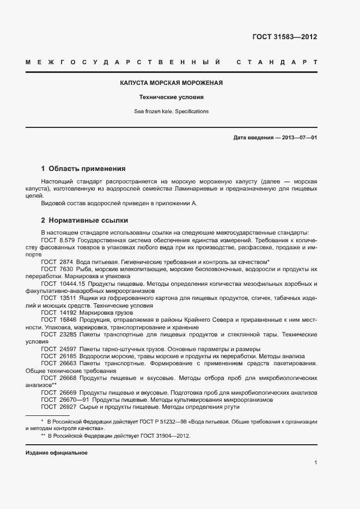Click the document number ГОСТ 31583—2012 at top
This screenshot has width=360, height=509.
tap(284, 38)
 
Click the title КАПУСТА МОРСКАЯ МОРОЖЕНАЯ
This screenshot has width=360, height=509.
tap(172, 83)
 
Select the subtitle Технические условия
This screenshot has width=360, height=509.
tap(172, 98)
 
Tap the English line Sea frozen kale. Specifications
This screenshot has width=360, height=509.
tap(172, 112)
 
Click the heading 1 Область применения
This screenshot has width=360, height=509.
tap(83, 169)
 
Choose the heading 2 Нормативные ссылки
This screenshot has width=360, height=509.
tap(84, 220)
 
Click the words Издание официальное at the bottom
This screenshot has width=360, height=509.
tap(57, 453)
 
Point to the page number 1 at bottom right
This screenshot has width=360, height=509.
tap(316, 463)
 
